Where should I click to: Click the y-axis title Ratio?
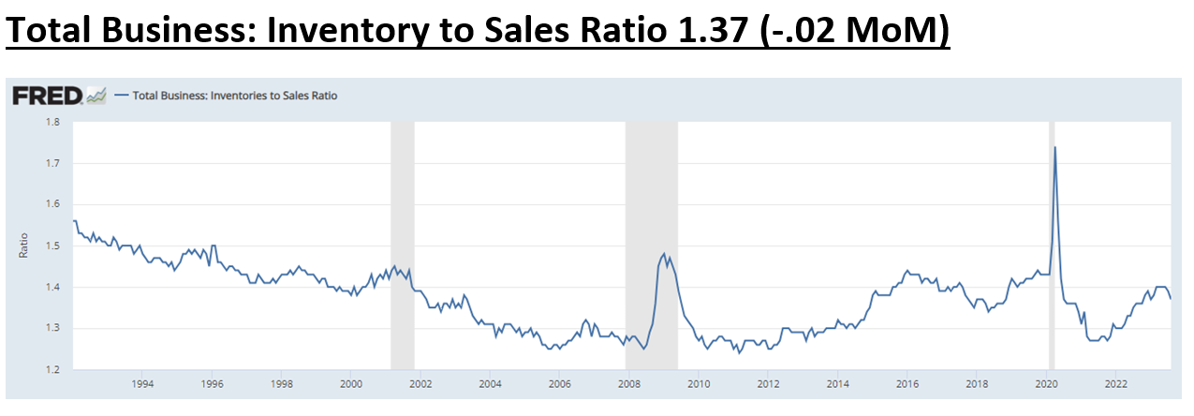point(23,245)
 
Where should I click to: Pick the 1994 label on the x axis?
point(142,384)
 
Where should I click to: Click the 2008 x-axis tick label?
point(629,384)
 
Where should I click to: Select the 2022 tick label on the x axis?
point(1115,384)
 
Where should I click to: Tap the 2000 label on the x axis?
point(351,384)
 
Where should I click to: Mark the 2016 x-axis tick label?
point(907,384)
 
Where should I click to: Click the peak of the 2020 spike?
point(1055,147)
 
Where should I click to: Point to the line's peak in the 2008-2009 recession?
point(664,254)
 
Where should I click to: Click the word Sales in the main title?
point(534,33)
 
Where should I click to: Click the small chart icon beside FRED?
point(96,95)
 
